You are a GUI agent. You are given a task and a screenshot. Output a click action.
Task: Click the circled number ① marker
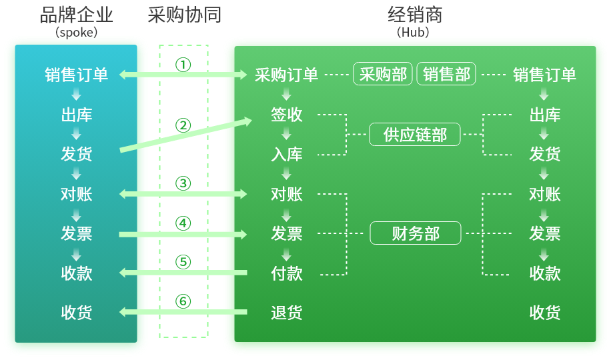(x=183, y=65)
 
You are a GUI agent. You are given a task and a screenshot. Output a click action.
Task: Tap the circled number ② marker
(x=183, y=125)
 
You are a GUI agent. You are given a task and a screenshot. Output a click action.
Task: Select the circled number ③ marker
(x=183, y=183)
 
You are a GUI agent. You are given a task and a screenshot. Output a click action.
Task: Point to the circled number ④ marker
(x=183, y=223)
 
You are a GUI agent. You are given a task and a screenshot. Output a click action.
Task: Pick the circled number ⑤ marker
(x=183, y=262)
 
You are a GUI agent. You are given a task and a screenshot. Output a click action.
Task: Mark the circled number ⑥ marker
(x=183, y=301)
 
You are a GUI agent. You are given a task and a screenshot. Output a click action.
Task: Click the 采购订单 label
(x=286, y=75)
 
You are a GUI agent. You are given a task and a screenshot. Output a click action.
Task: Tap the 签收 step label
(x=286, y=115)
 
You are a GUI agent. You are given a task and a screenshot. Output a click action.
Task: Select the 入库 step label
(x=286, y=155)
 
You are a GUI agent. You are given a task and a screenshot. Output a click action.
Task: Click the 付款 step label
(x=286, y=273)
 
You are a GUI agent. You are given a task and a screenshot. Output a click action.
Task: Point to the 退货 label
(x=286, y=313)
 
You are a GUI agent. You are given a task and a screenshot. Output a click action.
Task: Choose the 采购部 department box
(x=383, y=74)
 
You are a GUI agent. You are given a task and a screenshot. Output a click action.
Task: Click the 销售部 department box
(x=446, y=74)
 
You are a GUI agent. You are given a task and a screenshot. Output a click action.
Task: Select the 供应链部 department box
(x=415, y=135)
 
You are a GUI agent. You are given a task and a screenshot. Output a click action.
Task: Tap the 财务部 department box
(x=415, y=233)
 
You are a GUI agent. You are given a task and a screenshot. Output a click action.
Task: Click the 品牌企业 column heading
(x=77, y=15)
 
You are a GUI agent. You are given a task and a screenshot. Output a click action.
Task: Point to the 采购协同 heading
(x=184, y=15)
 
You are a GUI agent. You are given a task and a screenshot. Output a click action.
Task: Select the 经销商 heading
(x=415, y=15)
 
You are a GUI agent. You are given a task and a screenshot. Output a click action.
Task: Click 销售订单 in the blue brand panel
(x=77, y=75)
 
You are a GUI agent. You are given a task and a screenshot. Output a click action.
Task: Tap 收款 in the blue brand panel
(x=77, y=273)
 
